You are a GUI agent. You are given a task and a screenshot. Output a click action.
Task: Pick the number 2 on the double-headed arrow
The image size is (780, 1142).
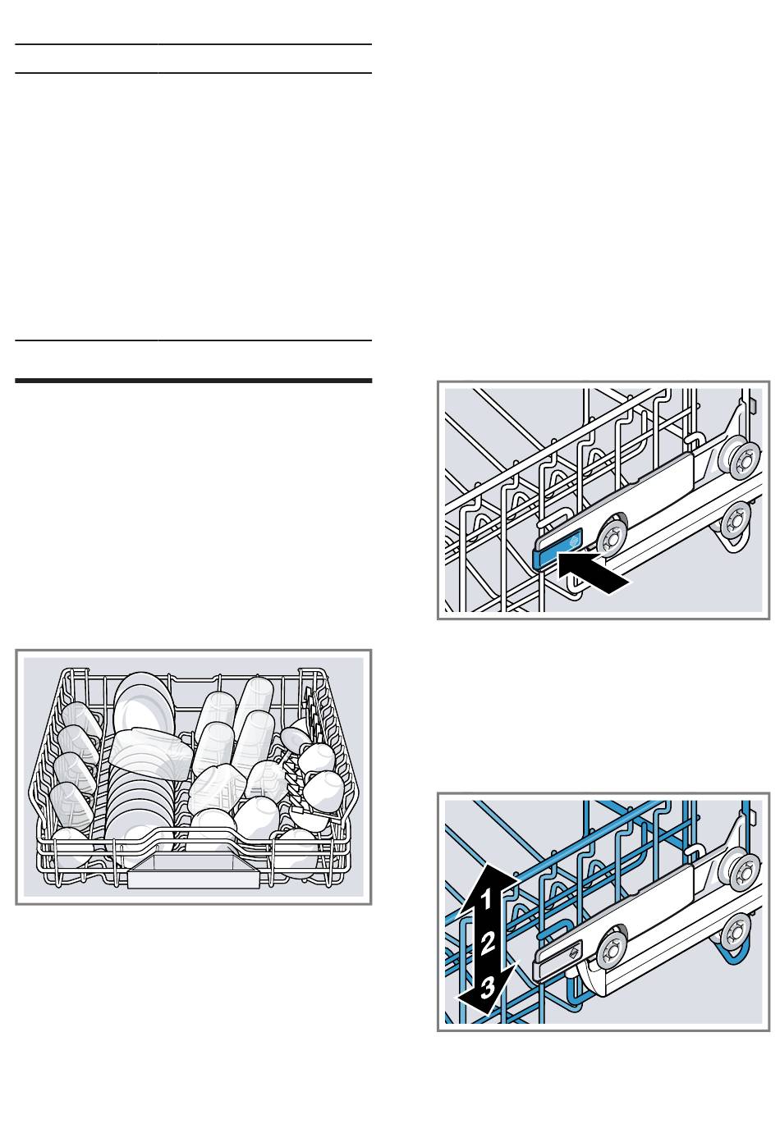coord(487,941)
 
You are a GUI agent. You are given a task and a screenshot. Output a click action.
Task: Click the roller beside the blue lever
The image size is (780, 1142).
coord(611,538)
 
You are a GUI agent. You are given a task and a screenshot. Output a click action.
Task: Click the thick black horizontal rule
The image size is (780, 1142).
coord(193,381)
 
